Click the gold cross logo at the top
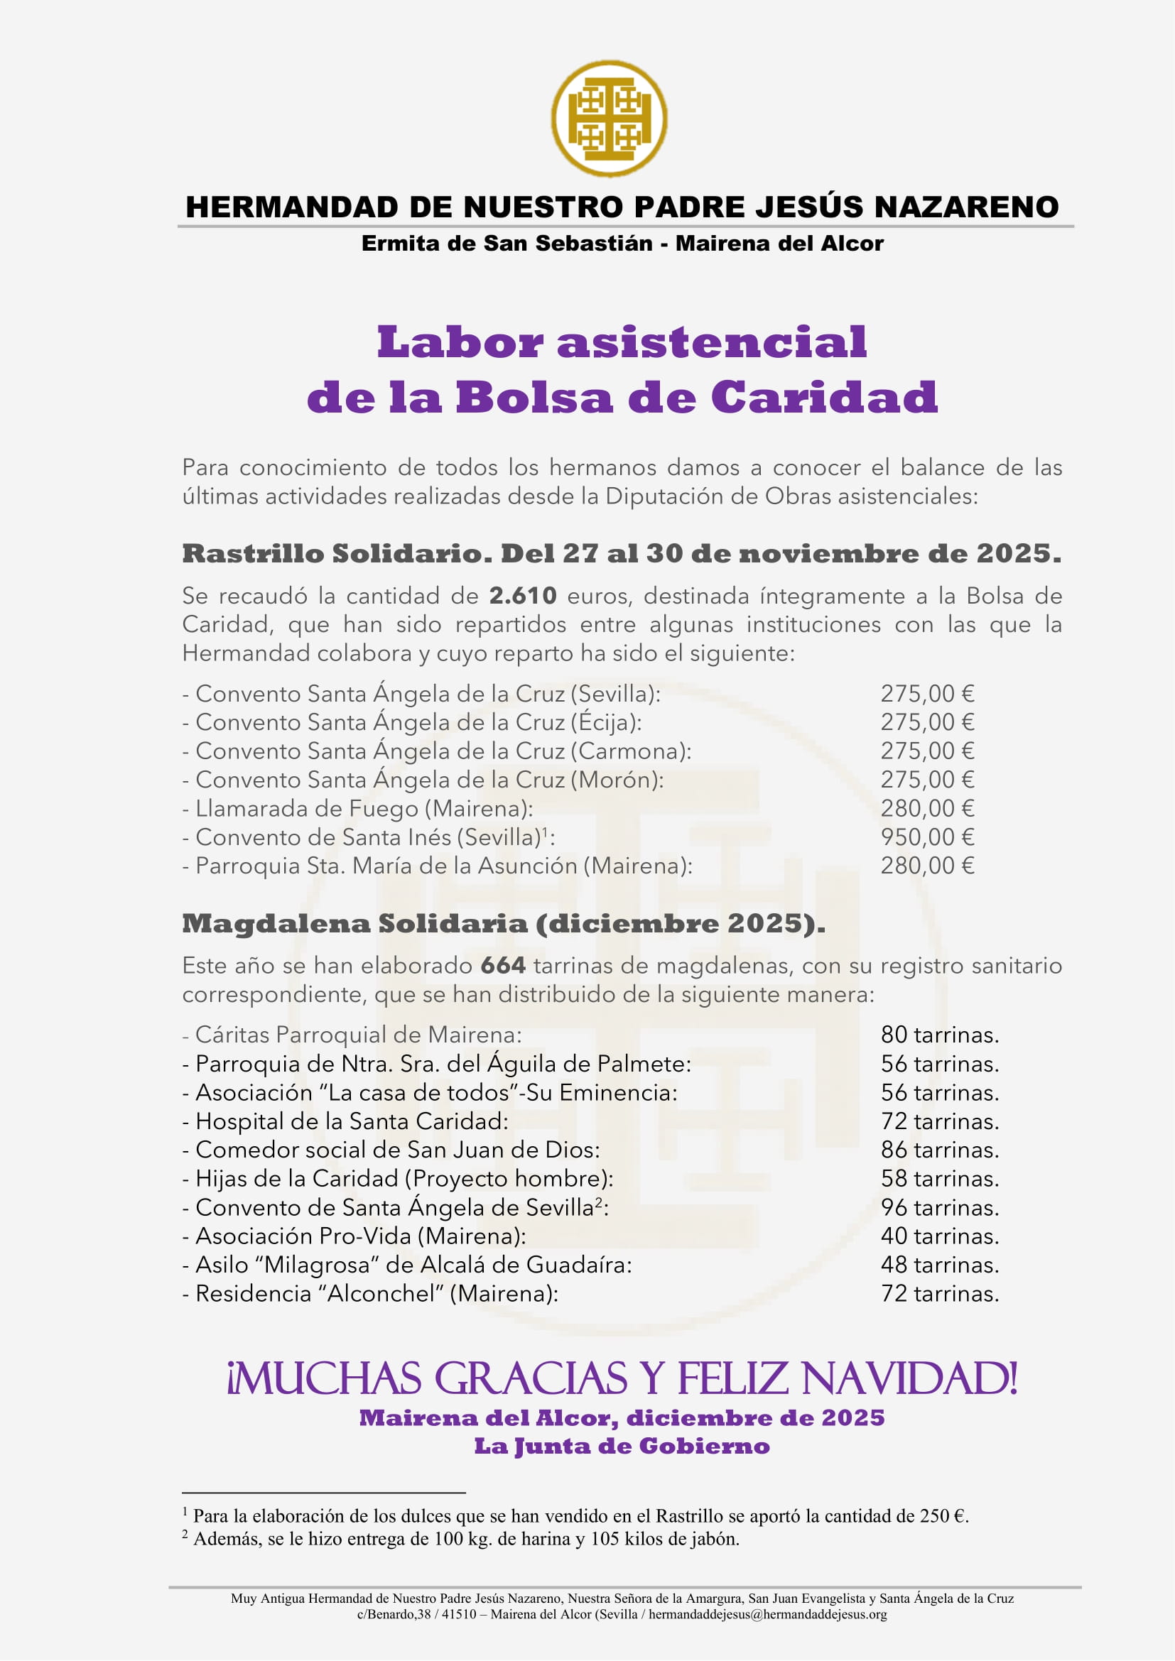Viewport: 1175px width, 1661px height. pos(610,118)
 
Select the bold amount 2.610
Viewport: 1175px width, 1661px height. pos(523,596)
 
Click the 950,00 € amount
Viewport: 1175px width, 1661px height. pos(927,837)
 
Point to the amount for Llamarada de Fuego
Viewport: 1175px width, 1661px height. pos(927,808)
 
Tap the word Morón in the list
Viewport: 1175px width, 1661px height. pos(617,780)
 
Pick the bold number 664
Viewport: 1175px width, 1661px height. pos(503,966)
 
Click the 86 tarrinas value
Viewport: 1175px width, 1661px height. pos(939,1150)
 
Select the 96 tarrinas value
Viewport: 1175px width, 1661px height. pos(939,1207)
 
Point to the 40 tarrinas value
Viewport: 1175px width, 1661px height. pos(939,1236)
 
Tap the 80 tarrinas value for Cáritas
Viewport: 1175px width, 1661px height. pos(939,1035)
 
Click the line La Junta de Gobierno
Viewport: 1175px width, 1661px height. pos(622,1447)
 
